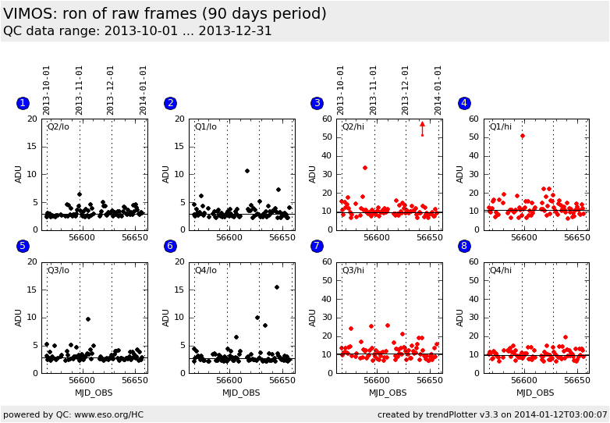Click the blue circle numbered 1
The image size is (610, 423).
click(x=23, y=103)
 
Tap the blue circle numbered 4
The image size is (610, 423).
click(x=463, y=103)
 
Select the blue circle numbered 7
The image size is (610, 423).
click(x=317, y=246)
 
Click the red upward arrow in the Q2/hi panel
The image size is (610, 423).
click(x=422, y=124)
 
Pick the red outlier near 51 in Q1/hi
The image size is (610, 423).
click(x=523, y=136)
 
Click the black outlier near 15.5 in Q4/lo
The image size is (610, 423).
click(x=277, y=287)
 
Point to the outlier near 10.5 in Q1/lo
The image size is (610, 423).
click(x=247, y=171)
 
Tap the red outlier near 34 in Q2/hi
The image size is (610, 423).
click(x=364, y=168)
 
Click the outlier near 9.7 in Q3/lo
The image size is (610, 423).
click(x=88, y=319)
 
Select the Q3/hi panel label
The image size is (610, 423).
click(x=353, y=270)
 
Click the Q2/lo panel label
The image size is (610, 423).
click(x=59, y=127)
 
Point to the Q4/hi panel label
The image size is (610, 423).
click(x=500, y=270)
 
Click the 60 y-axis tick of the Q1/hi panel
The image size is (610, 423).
click(x=473, y=119)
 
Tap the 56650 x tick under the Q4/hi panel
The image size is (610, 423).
click(x=576, y=381)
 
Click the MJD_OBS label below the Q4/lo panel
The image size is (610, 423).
click(x=241, y=393)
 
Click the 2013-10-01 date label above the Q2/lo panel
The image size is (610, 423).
click(x=47, y=90)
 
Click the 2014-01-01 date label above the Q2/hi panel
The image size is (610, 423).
click(x=438, y=90)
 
